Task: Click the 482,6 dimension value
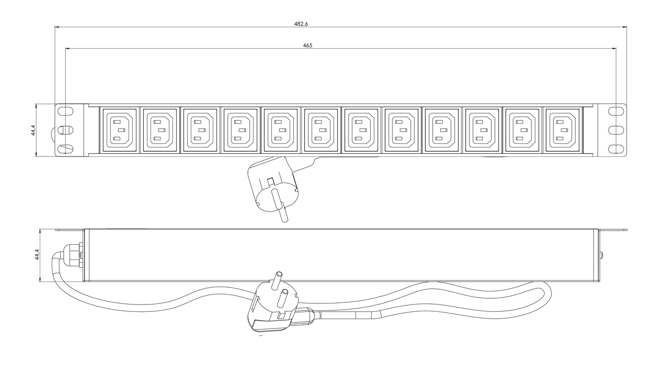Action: (x=301, y=24)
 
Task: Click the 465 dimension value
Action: (x=308, y=46)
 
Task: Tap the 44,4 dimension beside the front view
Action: (x=33, y=130)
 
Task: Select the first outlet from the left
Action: (x=120, y=130)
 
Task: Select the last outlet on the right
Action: (x=562, y=130)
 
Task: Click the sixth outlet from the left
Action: (x=321, y=130)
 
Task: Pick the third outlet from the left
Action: (x=200, y=130)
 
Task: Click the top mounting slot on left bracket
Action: (x=65, y=110)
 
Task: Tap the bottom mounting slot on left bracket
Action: (x=65, y=149)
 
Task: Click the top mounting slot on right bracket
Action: (x=616, y=110)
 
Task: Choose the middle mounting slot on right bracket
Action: (x=616, y=130)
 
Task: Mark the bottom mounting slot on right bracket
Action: (x=616, y=149)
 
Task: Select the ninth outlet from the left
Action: (x=442, y=130)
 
